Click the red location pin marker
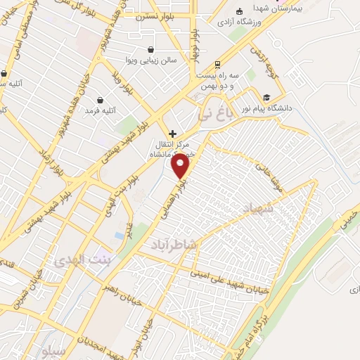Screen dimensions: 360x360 [181, 165]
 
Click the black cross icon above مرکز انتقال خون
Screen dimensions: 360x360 [172, 133]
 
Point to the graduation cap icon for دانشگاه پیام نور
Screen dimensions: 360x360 [266, 97]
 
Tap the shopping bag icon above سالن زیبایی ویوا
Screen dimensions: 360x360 [152, 49]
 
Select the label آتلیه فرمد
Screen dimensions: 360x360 [100, 111]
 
